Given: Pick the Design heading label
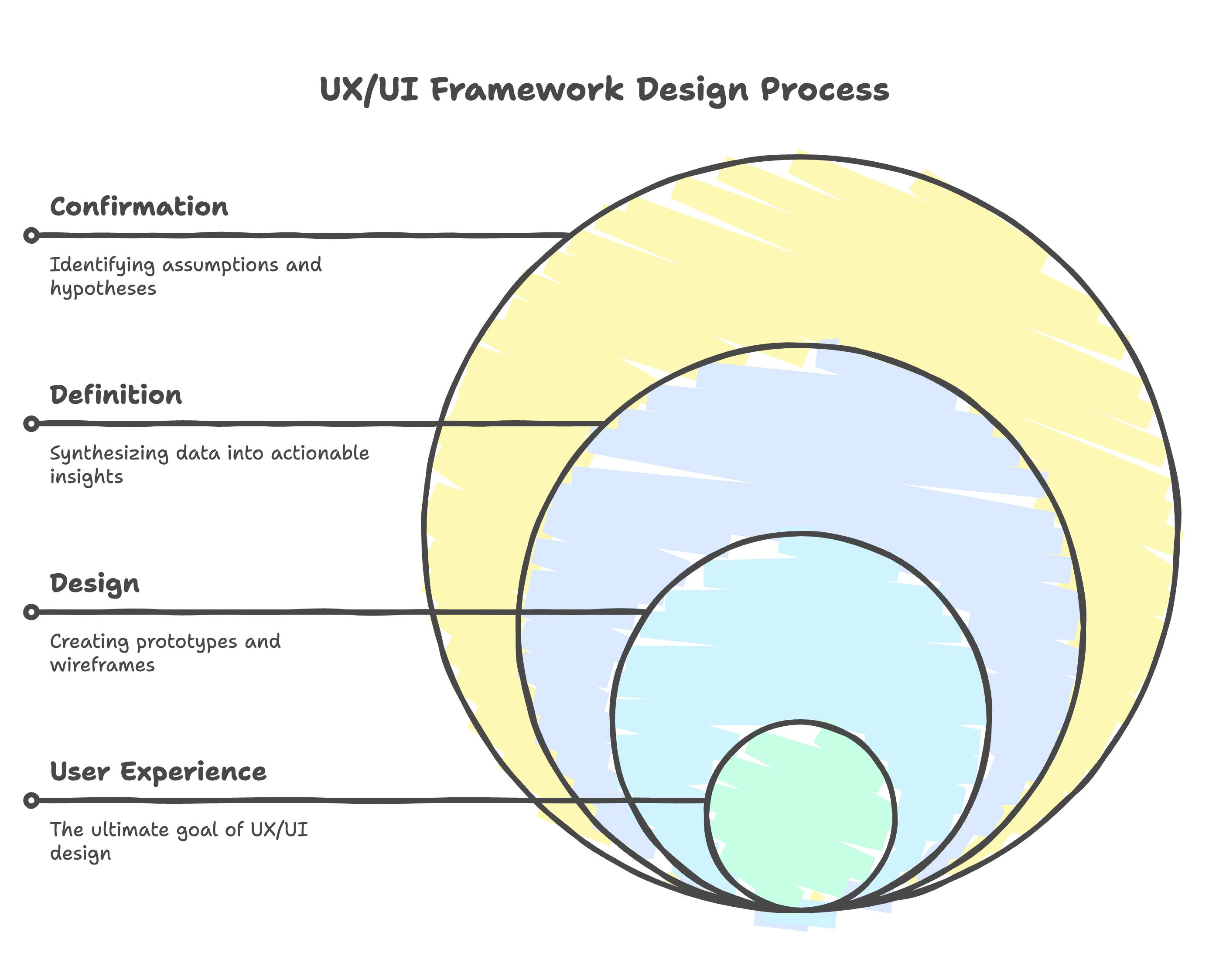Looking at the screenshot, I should [x=95, y=584].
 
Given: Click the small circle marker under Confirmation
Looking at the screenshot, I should [x=31, y=235].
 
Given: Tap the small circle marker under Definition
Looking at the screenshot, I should [x=31, y=423].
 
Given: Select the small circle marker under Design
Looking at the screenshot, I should [x=31, y=612].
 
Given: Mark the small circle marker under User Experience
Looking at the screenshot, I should [x=31, y=800].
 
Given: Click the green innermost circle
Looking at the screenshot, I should [x=801, y=830].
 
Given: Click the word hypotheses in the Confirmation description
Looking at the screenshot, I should [x=103, y=289].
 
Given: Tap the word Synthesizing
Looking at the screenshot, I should [x=109, y=453].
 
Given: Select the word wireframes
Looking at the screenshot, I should [x=102, y=665].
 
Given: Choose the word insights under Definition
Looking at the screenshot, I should [x=86, y=477].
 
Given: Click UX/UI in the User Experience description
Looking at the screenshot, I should [x=279, y=830].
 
